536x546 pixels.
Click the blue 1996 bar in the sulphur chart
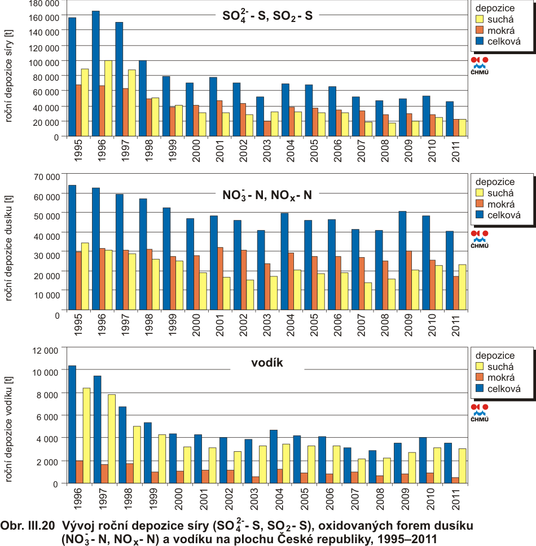[x=96, y=73]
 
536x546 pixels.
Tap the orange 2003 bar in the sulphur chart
[x=267, y=129]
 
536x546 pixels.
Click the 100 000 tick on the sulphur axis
[x=45, y=60]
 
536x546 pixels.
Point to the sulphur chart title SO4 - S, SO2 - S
[x=267, y=17]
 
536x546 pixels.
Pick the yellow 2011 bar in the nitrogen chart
[x=462, y=287]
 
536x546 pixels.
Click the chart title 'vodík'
[x=266, y=363]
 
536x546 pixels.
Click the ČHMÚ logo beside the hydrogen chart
[x=480, y=413]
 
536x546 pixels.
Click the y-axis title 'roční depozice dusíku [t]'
[x=8, y=248]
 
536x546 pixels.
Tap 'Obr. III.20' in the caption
[x=28, y=526]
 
